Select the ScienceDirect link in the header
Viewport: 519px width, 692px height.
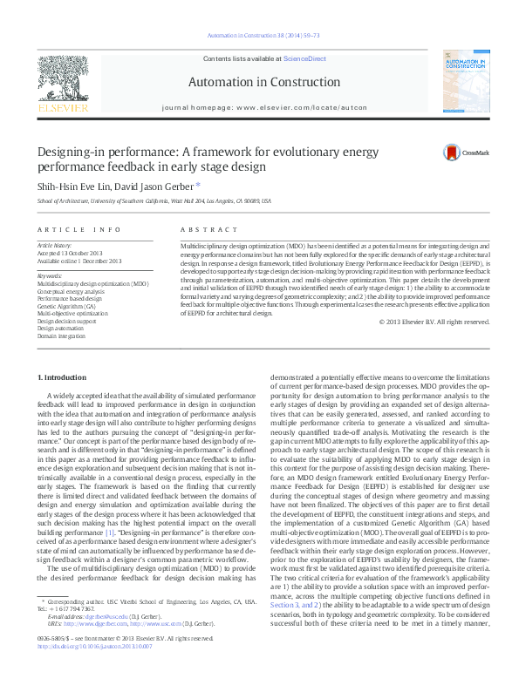(x=304, y=58)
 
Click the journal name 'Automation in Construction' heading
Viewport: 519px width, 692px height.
(x=258, y=82)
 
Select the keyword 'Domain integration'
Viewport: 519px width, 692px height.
(x=61, y=336)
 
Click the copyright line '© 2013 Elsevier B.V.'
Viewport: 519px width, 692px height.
(x=434, y=321)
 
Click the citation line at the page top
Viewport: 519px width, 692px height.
(x=259, y=35)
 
